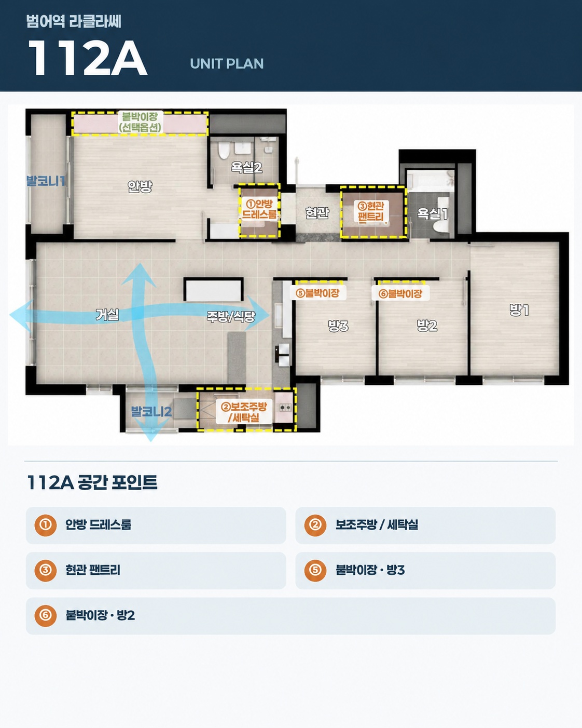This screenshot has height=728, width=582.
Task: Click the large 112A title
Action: (87, 58)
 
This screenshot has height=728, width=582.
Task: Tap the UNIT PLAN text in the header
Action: (227, 63)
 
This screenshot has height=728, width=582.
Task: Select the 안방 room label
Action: (140, 186)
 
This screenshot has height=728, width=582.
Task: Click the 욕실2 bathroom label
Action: (246, 167)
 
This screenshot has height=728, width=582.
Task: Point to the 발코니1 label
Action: (46, 181)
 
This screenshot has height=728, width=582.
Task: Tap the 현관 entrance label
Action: (317, 213)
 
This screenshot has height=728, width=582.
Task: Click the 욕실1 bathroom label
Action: (432, 213)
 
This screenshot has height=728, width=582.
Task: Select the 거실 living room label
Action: (107, 315)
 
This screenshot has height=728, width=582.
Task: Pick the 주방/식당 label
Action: (231, 317)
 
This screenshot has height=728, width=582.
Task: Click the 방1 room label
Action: (519, 310)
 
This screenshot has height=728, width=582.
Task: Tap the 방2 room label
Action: (427, 326)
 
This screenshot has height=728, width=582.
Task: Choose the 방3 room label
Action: (338, 326)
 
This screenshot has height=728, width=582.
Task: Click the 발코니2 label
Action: (151, 412)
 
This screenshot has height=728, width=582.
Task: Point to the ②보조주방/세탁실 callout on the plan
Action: (244, 412)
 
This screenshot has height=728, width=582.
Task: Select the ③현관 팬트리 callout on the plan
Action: (371, 211)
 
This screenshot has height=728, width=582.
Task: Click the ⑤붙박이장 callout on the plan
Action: (317, 293)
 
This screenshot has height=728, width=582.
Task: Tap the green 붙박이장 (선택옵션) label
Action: (140, 122)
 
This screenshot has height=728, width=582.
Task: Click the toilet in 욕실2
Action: (224, 150)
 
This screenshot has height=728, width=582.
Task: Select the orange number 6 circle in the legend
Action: (45, 615)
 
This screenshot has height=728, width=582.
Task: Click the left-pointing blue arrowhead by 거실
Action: (21, 316)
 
